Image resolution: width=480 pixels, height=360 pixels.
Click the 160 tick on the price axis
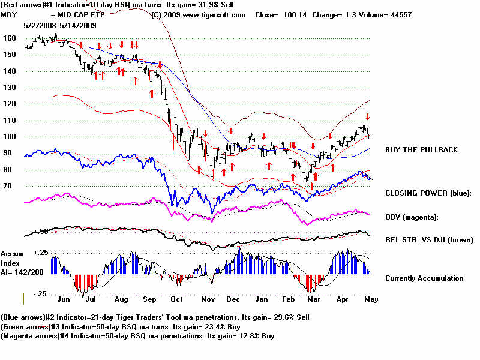[x=9, y=37]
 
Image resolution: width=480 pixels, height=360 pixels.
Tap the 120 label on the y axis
[x=9, y=103]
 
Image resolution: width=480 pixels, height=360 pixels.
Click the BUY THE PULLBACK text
[x=421, y=149]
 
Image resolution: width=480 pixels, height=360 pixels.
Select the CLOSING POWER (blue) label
[x=428, y=193]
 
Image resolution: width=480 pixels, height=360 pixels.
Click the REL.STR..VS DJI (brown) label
[x=430, y=240]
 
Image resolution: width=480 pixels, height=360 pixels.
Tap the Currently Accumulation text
[x=424, y=278]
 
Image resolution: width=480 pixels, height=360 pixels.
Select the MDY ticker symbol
[x=9, y=14]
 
